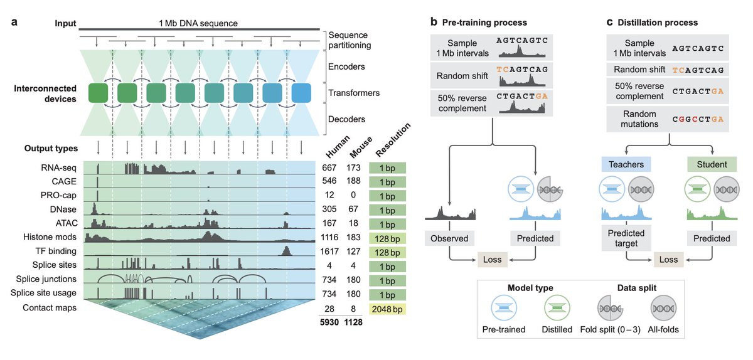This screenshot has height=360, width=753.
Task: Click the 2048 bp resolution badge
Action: coord(387,309)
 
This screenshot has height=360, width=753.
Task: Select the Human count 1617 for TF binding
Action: coord(329,251)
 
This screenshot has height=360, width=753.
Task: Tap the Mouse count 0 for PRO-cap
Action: coord(353,195)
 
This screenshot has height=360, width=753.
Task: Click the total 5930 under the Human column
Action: coord(329,322)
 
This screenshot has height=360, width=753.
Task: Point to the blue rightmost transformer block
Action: coord(301,93)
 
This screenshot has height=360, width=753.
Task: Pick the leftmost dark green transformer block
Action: coord(98,93)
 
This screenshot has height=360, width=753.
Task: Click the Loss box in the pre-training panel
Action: coord(492,260)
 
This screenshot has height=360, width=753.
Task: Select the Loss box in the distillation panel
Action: coord(668,260)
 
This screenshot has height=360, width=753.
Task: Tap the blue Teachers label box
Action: coord(626,164)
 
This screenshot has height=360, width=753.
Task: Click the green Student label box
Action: coord(712,164)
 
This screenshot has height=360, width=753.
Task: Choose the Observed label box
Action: coord(449,238)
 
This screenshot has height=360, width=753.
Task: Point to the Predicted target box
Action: coord(626,238)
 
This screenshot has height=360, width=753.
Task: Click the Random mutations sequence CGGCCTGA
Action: coord(698,119)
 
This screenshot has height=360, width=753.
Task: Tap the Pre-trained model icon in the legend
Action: coord(503,308)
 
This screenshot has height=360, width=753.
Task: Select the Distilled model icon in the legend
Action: coord(557,308)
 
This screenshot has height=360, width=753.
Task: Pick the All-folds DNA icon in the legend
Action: coord(663,308)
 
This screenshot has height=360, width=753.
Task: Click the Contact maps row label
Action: coord(50,307)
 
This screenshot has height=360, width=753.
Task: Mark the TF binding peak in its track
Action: coord(286,251)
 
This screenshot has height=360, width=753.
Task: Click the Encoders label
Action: coord(346,66)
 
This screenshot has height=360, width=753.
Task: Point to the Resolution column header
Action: coord(393,139)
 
